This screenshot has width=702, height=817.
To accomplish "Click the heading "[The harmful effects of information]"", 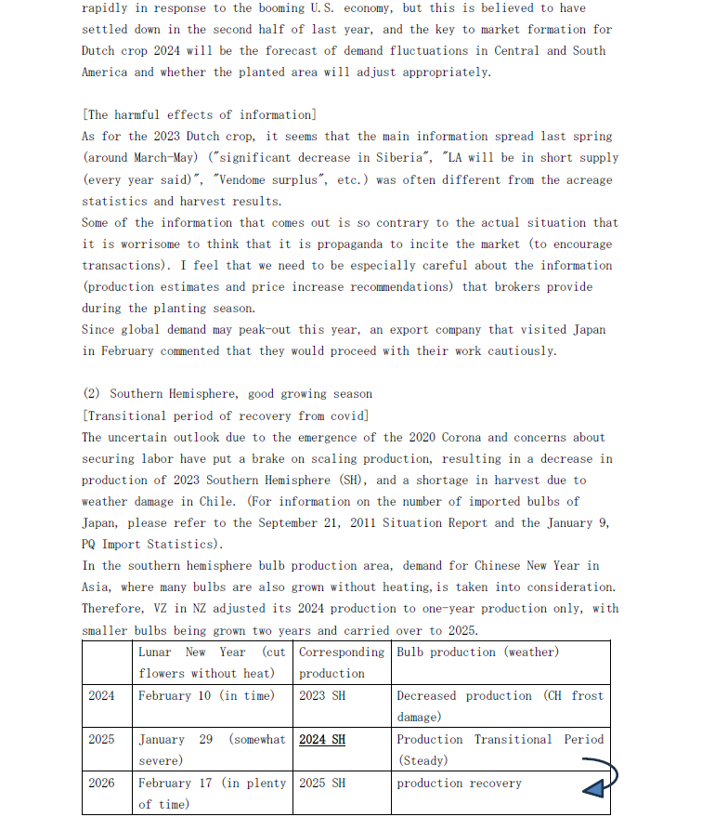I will (x=199, y=115).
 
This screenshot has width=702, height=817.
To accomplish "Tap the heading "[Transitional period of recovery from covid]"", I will (x=225, y=415).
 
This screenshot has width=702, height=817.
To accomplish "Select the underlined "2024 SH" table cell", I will (x=322, y=740).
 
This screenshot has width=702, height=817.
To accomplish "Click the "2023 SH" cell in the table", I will (x=321, y=696).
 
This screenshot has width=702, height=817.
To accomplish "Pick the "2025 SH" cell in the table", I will (x=322, y=784).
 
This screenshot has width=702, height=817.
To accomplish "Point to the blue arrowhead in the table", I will (x=593, y=788).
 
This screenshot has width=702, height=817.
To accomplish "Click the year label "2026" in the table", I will (x=101, y=784).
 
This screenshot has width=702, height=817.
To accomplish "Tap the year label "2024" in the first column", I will (x=101, y=696).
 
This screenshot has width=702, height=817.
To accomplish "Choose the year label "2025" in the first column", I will (x=101, y=740).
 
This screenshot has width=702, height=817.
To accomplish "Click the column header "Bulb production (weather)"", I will (x=477, y=652).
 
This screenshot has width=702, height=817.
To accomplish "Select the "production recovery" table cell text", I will (x=459, y=784).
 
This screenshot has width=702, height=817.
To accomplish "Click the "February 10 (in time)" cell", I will (x=206, y=696).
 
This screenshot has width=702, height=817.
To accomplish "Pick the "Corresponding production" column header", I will (x=341, y=663).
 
